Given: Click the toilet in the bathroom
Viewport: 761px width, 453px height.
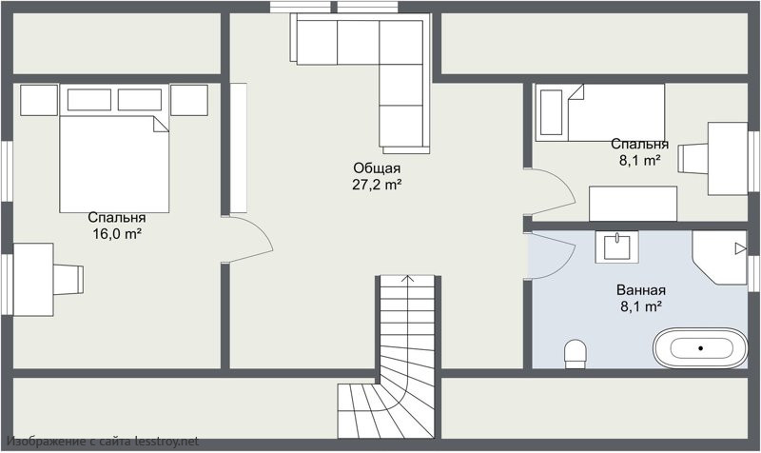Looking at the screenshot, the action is pyautogui.click(x=576, y=353).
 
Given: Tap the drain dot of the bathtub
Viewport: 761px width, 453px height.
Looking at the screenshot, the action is pyautogui.click(x=700, y=348).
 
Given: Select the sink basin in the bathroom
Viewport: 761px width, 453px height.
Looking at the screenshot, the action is pyautogui.click(x=616, y=246).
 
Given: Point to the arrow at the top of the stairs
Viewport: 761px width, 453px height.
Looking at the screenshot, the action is pyautogui.click(x=408, y=280).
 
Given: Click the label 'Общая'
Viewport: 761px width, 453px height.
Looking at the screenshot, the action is pyautogui.click(x=377, y=168).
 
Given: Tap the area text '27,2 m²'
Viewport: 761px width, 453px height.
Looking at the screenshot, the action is pyautogui.click(x=377, y=185).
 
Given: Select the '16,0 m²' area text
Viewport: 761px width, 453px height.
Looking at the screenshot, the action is pyautogui.click(x=117, y=234).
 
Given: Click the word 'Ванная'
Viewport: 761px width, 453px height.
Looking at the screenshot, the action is pyautogui.click(x=640, y=290).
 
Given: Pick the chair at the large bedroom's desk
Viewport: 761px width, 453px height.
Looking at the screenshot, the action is pyautogui.click(x=68, y=279).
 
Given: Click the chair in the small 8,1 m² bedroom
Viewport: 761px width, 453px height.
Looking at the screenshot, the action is pyautogui.click(x=693, y=158).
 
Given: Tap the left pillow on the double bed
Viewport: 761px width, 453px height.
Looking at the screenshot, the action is pyautogui.click(x=89, y=100).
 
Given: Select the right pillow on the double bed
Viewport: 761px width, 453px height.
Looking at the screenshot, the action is pyautogui.click(x=140, y=100).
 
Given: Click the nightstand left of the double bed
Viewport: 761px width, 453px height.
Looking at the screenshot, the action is pyautogui.click(x=39, y=100).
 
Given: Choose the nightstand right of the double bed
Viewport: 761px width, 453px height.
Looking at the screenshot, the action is pyautogui.click(x=189, y=100).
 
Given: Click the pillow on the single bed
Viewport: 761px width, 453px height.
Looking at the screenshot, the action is pyautogui.click(x=551, y=112).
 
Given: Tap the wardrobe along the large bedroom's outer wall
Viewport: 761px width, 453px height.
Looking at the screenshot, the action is pyautogui.click(x=239, y=148).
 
